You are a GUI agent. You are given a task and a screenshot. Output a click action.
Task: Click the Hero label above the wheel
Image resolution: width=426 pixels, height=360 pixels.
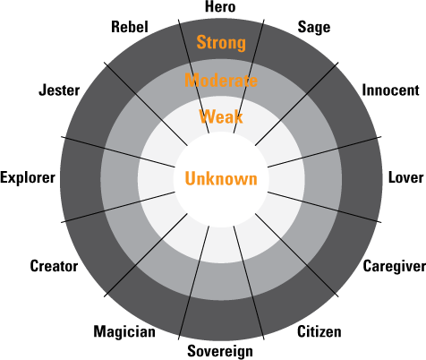(x=220, y=6)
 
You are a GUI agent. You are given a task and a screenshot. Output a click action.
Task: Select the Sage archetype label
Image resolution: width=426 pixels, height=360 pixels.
(x=314, y=28)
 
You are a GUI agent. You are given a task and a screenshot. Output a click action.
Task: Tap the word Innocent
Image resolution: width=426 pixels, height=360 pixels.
(x=390, y=90)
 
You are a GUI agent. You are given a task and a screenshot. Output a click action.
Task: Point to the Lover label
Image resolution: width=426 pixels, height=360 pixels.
(x=405, y=177)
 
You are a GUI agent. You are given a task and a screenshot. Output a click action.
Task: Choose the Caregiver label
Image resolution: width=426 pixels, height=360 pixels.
(x=395, y=266)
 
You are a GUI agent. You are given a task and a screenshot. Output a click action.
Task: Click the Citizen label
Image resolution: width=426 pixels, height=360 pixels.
(x=319, y=331)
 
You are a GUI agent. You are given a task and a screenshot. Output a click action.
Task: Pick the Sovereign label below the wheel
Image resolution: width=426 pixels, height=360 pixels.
(x=220, y=351)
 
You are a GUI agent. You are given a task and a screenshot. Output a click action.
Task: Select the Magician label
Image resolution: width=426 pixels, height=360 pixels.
(x=124, y=332)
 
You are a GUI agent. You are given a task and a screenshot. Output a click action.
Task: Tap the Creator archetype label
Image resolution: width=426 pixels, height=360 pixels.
(x=54, y=266)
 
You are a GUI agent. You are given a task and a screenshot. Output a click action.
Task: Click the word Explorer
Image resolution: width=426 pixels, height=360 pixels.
(x=28, y=178)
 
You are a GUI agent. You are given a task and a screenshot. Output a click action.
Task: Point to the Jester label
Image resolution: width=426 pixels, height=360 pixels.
(x=59, y=90)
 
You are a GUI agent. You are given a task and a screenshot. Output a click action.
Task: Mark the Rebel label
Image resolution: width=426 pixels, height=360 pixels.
(x=130, y=27)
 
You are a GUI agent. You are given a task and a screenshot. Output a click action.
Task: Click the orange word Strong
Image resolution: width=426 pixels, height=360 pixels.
(x=221, y=43)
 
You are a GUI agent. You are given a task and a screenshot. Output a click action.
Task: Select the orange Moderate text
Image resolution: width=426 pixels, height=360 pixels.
(x=221, y=81)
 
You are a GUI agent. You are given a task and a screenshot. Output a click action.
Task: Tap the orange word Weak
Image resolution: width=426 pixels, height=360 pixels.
(x=221, y=116)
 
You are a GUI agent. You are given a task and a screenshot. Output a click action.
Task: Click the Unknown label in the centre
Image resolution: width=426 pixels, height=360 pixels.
(x=221, y=179)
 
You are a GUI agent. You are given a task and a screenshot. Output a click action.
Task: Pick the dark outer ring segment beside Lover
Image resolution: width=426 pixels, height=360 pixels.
(x=362, y=179)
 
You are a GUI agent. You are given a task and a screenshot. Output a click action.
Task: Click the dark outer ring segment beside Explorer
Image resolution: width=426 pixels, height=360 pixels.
(x=81, y=179)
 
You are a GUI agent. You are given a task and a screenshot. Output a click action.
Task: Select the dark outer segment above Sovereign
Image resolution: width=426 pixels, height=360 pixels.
(x=221, y=320)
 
